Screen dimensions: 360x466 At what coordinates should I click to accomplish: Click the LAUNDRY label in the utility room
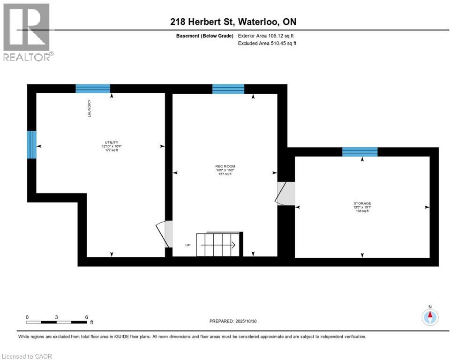point(89,109)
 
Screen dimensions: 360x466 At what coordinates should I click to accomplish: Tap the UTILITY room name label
point(111,142)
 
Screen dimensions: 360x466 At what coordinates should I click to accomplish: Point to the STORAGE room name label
point(362,203)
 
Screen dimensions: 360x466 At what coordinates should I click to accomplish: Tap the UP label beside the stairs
point(188,245)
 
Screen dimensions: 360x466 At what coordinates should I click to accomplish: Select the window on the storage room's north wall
point(360,151)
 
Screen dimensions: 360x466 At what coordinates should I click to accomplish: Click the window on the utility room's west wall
point(31,145)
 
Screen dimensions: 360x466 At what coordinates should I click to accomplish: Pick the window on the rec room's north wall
point(228,89)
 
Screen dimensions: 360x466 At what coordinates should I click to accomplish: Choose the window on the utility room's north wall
point(93,89)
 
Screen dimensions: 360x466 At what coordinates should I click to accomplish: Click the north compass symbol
point(429,317)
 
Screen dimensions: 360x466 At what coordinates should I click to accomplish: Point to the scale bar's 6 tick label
point(86,317)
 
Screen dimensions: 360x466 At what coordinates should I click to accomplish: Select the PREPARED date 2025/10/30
point(233,321)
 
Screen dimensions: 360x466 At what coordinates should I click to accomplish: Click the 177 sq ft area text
point(111,150)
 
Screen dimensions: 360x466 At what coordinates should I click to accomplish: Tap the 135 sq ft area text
point(362,211)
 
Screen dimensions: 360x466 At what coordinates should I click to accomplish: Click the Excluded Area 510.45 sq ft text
point(269,43)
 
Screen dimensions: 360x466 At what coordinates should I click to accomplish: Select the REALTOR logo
point(27,32)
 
